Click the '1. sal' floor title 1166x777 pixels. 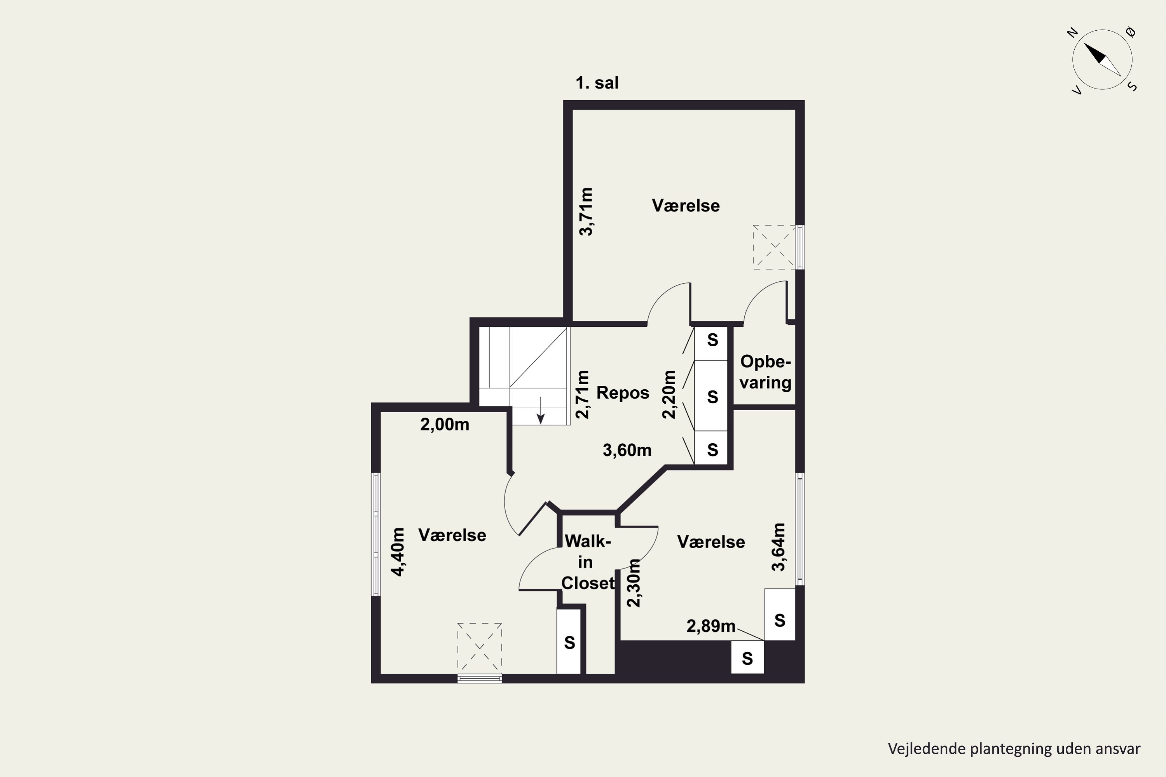pyautogui.click(x=597, y=83)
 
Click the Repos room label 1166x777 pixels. pyautogui.click(x=623, y=392)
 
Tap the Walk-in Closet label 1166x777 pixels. pyautogui.click(x=588, y=562)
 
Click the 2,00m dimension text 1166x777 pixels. pyautogui.click(x=445, y=425)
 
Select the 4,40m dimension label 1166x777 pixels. pyautogui.click(x=398, y=552)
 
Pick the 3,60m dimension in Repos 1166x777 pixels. pyautogui.click(x=627, y=450)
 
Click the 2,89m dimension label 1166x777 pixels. pyautogui.click(x=711, y=626)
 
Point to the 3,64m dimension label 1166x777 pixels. pyautogui.click(x=779, y=547)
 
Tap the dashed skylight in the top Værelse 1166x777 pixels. pyautogui.click(x=774, y=247)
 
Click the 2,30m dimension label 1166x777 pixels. pyautogui.click(x=634, y=583)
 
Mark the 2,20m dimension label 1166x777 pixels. pyautogui.click(x=669, y=394)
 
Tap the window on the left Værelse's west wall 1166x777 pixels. pyautogui.click(x=376, y=534)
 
